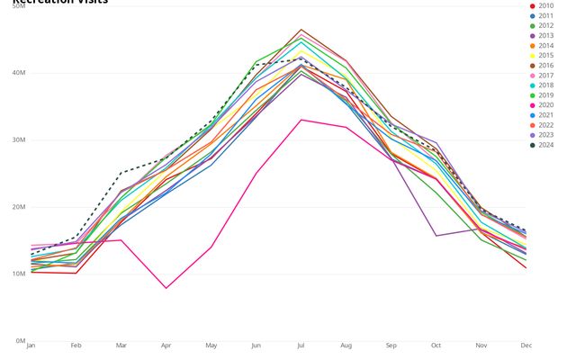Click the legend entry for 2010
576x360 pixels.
click(546, 6)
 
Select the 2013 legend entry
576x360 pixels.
click(546, 36)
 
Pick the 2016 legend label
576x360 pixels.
click(546, 66)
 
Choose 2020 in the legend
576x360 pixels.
click(546, 105)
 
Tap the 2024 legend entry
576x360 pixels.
click(546, 145)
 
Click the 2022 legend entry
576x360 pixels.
click(546, 125)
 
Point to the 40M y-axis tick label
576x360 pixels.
click(18, 73)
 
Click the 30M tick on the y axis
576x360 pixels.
click(18, 139)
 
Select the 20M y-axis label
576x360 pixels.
click(18, 207)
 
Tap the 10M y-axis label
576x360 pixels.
click(18, 274)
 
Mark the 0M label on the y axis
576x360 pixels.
click(20, 341)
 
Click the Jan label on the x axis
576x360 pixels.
click(31, 346)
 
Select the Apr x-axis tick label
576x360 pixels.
click(166, 346)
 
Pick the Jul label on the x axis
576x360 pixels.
click(301, 346)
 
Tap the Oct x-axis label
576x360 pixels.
click(436, 346)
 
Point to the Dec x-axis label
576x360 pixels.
click(526, 346)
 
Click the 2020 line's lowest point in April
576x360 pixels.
click(166, 288)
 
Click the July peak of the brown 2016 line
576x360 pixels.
click(301, 30)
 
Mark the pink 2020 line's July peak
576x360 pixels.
click(301, 120)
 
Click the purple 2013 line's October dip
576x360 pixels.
click(436, 236)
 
